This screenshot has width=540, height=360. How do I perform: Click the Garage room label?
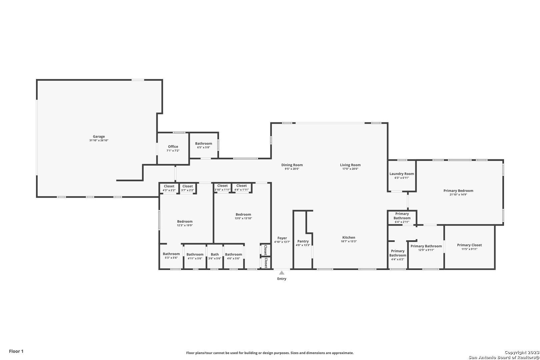click(99, 136)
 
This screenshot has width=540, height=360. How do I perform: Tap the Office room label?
click(173, 147)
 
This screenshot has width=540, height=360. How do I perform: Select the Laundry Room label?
click(402, 174)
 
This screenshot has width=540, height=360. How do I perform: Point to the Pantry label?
click(303, 241)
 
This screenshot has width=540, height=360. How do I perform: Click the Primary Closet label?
click(469, 245)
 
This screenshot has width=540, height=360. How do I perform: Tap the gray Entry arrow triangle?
click(282, 273)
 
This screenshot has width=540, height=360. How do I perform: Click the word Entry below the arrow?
click(282, 279)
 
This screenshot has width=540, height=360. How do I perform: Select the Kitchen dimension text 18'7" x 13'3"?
click(349, 241)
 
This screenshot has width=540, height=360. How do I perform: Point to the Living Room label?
click(350, 165)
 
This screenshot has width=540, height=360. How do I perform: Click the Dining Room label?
click(292, 165)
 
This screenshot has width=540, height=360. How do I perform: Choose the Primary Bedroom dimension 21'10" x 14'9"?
click(458, 195)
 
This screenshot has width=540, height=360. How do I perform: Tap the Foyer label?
click(282, 238)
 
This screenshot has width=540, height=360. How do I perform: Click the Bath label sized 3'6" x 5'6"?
click(215, 254)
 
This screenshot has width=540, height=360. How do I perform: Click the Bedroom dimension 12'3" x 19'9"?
click(185, 225)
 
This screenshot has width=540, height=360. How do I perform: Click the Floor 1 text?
click(16, 351)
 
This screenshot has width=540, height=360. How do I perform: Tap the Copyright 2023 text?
click(522, 352)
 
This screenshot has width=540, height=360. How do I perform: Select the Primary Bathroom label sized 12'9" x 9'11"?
click(426, 246)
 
